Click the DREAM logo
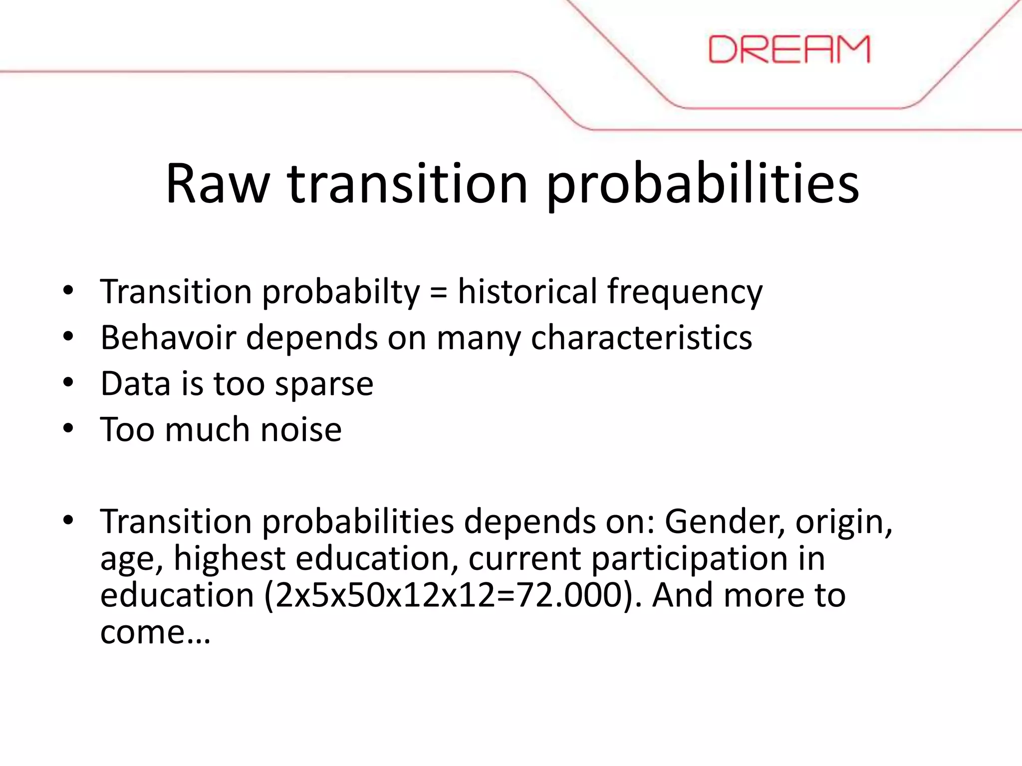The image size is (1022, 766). pyautogui.click(x=789, y=49)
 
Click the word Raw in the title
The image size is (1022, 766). pyautogui.click(x=218, y=184)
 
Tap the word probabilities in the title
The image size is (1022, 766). pyautogui.click(x=703, y=185)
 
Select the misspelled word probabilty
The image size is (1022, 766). pyautogui.click(x=341, y=293)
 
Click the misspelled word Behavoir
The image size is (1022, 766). pyautogui.click(x=168, y=338)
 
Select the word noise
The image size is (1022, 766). pyautogui.click(x=301, y=429)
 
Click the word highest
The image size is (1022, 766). pyautogui.click(x=229, y=559)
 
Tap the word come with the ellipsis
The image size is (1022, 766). pyautogui.click(x=155, y=632)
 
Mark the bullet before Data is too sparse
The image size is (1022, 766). pyautogui.click(x=68, y=383)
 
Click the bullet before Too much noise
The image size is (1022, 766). pyautogui.click(x=68, y=428)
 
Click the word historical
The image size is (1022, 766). pyautogui.click(x=527, y=292)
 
